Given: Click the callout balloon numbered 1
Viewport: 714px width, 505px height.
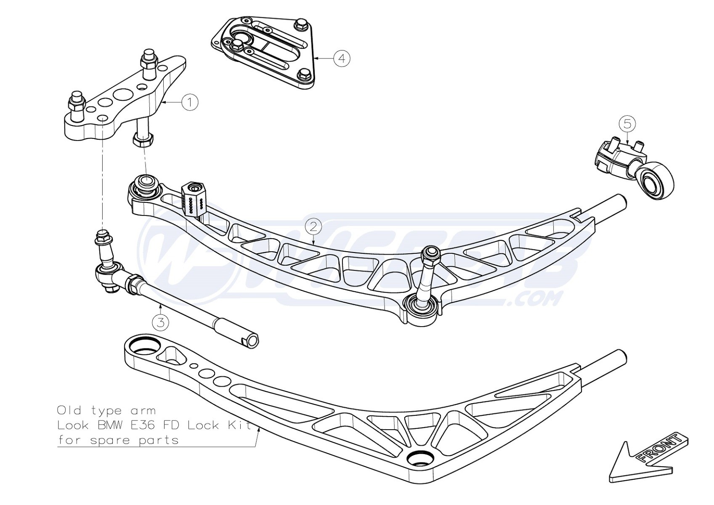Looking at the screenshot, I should pyautogui.click(x=190, y=102).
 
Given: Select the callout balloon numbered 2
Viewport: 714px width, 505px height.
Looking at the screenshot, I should pyautogui.click(x=313, y=227).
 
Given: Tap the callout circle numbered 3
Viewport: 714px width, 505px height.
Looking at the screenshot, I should pyautogui.click(x=161, y=322).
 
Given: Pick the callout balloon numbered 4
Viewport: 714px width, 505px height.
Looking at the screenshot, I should pyautogui.click(x=342, y=58).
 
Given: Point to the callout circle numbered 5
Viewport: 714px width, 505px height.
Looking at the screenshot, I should pyautogui.click(x=627, y=124).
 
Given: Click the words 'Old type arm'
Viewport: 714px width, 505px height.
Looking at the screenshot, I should pyautogui.click(x=106, y=410).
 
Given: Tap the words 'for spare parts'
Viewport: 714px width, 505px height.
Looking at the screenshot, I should pyautogui.click(x=118, y=441).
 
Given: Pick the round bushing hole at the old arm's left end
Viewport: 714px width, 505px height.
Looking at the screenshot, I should pyautogui.click(x=143, y=347).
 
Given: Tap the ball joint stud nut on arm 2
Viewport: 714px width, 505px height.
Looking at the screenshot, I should pyautogui.click(x=431, y=253).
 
